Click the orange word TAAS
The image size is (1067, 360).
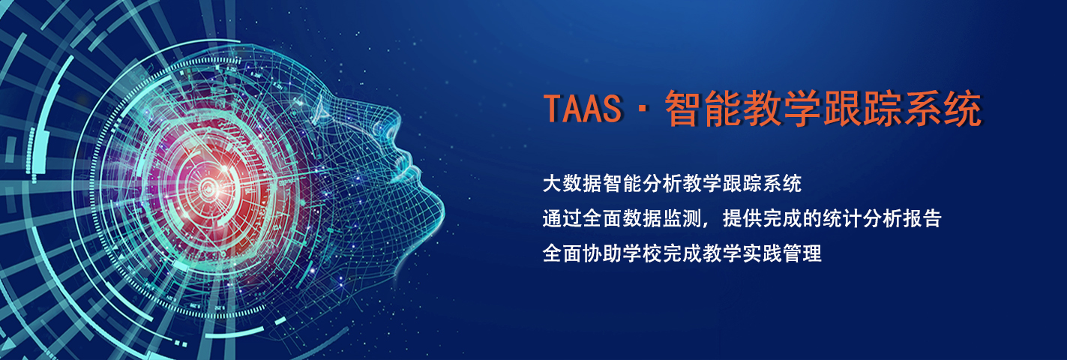pyautogui.click(x=583, y=109)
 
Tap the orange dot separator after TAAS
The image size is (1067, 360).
pyautogui.click(x=643, y=109)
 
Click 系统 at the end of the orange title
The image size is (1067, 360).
pyautogui.click(x=943, y=109)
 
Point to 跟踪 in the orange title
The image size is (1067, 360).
pyautogui.click(x=863, y=109)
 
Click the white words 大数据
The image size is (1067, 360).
pyautogui.click(x=572, y=184)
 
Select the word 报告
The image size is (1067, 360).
pyautogui.click(x=922, y=219)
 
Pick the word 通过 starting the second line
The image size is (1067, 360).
pyautogui.click(x=562, y=219)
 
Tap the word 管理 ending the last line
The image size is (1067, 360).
pyautogui.click(x=802, y=253)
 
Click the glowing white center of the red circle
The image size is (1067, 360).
pyautogui.click(x=210, y=189)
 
